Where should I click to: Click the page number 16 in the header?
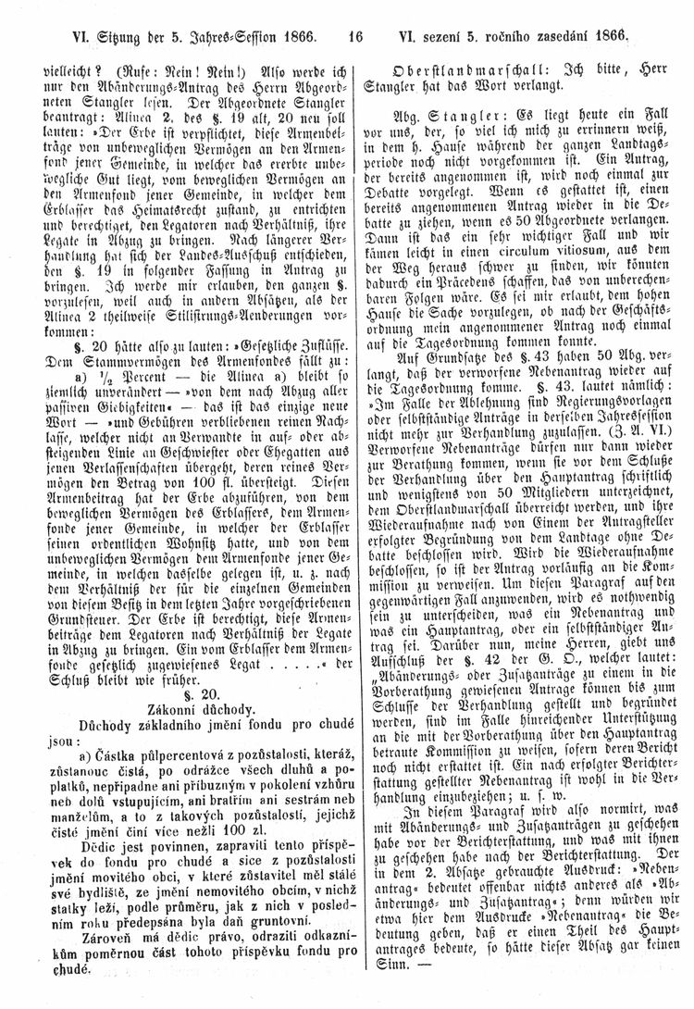point(353,38)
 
